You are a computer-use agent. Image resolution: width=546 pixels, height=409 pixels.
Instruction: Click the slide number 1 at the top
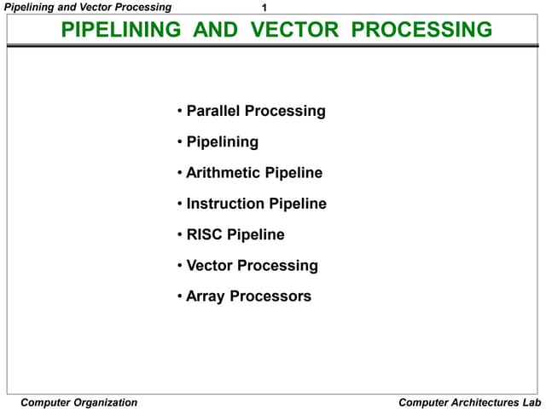tap(264, 8)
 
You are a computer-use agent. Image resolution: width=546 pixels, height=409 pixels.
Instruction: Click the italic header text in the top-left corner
tap(88, 7)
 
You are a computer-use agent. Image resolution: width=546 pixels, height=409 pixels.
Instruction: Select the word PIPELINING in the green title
tap(122, 31)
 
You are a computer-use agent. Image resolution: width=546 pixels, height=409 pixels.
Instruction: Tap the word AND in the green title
tap(218, 31)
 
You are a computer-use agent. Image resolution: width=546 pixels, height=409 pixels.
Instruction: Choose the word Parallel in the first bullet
tap(213, 111)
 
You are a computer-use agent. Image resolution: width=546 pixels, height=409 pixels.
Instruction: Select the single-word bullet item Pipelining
tap(222, 141)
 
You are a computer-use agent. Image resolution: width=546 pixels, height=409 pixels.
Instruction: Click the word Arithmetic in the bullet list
tap(224, 173)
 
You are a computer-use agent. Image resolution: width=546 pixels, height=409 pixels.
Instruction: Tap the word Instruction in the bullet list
tap(226, 204)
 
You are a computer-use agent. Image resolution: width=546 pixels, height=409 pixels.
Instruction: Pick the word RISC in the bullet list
tap(205, 234)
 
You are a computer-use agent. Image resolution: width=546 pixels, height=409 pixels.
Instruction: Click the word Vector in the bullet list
tap(210, 266)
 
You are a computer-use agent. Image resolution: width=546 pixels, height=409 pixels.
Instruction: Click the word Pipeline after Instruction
tap(298, 204)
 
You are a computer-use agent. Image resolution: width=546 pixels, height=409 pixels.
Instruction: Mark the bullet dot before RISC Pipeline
tap(180, 234)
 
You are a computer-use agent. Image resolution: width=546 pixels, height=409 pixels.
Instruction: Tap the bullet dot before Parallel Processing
tap(180, 111)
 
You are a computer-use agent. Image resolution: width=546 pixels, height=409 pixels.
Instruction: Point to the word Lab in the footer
tap(531, 402)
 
